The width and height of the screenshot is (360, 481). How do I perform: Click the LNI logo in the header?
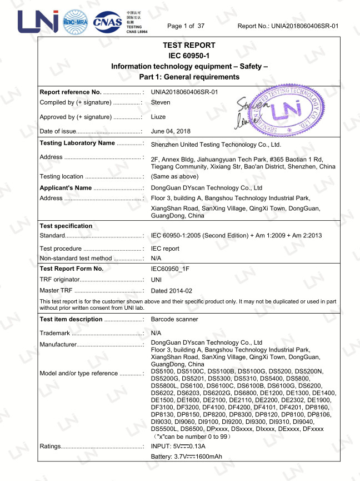point(38,21)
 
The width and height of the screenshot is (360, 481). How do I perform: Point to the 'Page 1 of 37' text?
point(186,26)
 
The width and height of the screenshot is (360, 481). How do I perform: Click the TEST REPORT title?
point(189,45)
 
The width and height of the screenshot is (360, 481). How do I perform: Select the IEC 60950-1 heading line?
point(189,56)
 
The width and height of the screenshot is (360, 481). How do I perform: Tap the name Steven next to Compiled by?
point(161,103)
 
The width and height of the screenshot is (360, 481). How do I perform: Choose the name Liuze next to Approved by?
point(158,117)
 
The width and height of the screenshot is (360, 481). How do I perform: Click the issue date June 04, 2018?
point(171,131)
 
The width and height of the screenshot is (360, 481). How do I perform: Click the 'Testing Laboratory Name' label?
point(78,143)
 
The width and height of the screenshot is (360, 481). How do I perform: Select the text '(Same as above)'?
point(174,176)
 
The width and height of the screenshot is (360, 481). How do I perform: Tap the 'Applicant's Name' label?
point(66,188)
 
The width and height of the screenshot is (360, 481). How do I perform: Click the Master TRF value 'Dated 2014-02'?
point(172,291)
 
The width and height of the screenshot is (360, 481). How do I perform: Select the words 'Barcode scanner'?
point(174,320)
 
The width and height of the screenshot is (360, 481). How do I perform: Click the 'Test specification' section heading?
point(66,226)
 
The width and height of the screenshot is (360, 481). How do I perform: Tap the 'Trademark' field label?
point(55,333)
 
